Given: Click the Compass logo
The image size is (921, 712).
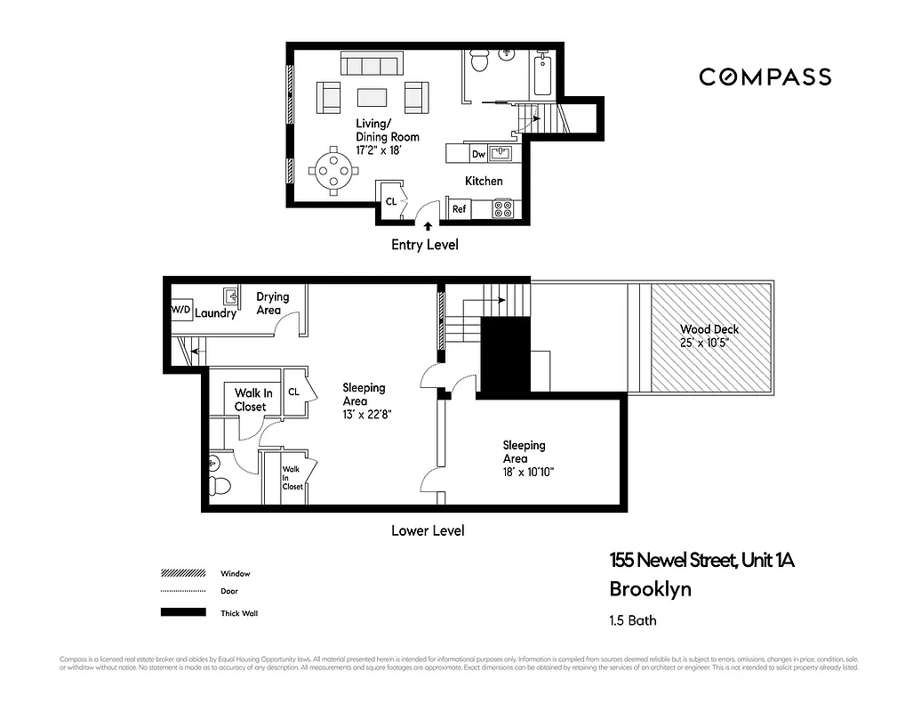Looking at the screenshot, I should tap(765, 77).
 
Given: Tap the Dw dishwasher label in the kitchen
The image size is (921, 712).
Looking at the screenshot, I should tap(478, 155).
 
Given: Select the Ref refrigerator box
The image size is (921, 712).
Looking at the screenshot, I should tap(459, 209).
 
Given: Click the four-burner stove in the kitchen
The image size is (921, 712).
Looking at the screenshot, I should tap(504, 209).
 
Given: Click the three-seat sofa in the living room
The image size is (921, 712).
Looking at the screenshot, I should tap(372, 64).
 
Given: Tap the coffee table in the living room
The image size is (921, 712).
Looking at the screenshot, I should tap(372, 97).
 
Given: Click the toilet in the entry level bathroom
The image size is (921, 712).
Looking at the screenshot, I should tap(478, 61).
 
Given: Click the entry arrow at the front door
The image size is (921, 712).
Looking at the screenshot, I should tap(429, 228).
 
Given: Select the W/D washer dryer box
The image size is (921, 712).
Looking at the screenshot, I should tap(180, 310).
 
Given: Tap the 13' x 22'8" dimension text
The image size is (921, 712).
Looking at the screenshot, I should tap(365, 416).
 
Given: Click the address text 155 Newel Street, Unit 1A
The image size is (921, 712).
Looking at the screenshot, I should tap(701, 561).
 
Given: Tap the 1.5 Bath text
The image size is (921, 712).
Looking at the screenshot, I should tap(632, 620).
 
